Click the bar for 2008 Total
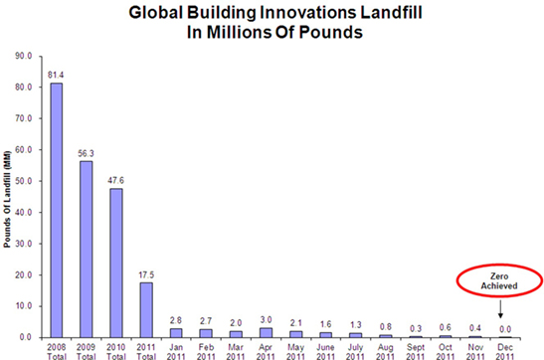57,210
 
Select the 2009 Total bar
86,250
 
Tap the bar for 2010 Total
115,263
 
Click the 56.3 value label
86,153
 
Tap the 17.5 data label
145,274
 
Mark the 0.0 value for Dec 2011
504,329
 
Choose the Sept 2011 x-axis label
415,349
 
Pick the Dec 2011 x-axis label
504,349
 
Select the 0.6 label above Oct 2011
445,327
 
